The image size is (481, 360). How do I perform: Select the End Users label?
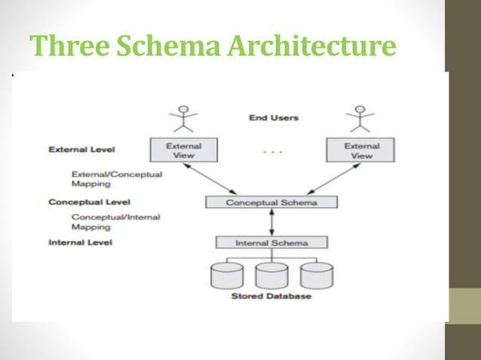click(x=273, y=117)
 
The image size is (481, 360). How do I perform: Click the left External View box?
click(x=184, y=150)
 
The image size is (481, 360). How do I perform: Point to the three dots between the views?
click(x=272, y=151)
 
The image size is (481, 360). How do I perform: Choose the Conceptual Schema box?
click(x=272, y=203)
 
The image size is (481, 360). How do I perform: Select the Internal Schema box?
click(x=272, y=243)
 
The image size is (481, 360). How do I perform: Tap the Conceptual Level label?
click(x=89, y=202)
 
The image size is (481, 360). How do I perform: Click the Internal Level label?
click(x=80, y=243)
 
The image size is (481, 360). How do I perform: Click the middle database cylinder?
click(x=272, y=276)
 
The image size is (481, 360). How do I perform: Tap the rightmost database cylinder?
click(x=315, y=276)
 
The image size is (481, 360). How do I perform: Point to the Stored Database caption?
click(x=271, y=296)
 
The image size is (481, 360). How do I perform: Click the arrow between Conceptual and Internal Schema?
click(x=272, y=223)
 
